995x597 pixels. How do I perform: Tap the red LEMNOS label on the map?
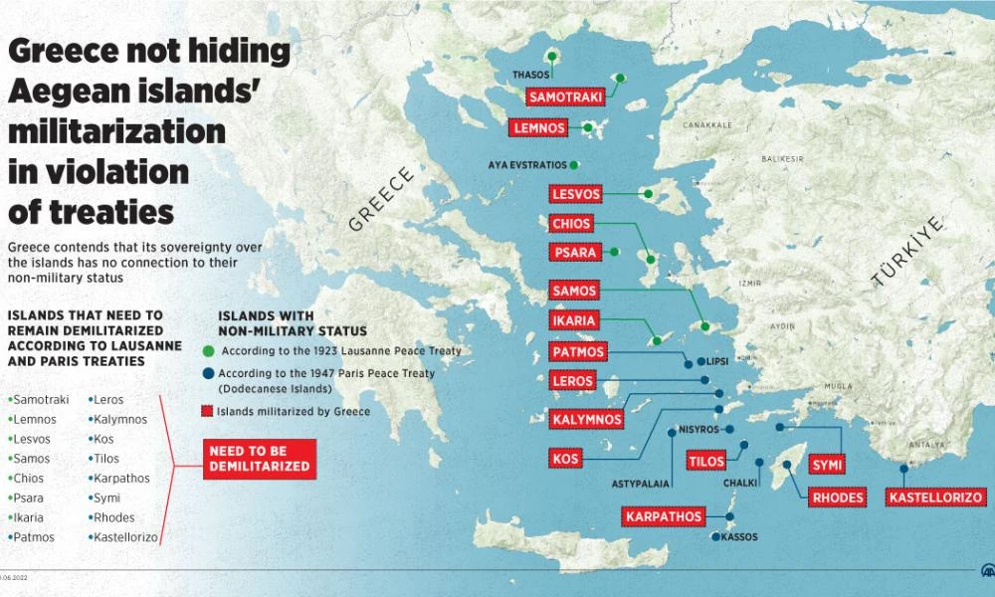click(x=540, y=128)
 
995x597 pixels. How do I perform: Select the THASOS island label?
click(x=530, y=75)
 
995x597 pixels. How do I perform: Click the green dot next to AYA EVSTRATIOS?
click(x=574, y=164)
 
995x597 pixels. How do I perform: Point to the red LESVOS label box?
click(x=575, y=194)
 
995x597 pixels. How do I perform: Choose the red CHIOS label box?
click(x=572, y=224)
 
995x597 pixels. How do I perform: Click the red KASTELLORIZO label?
click(x=936, y=497)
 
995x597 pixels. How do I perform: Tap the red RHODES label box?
click(x=837, y=497)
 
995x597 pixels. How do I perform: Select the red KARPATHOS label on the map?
click(x=664, y=516)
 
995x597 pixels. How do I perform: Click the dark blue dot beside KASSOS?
click(x=713, y=537)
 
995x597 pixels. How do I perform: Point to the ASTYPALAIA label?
click(x=641, y=485)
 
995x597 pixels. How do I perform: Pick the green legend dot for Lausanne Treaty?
click(x=209, y=351)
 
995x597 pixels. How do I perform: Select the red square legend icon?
click(x=209, y=410)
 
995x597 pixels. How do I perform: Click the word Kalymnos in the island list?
click(x=117, y=419)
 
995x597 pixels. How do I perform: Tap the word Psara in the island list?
click(x=28, y=497)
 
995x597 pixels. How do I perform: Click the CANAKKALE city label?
click(x=706, y=126)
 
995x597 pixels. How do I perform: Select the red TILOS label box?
click(x=706, y=461)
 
